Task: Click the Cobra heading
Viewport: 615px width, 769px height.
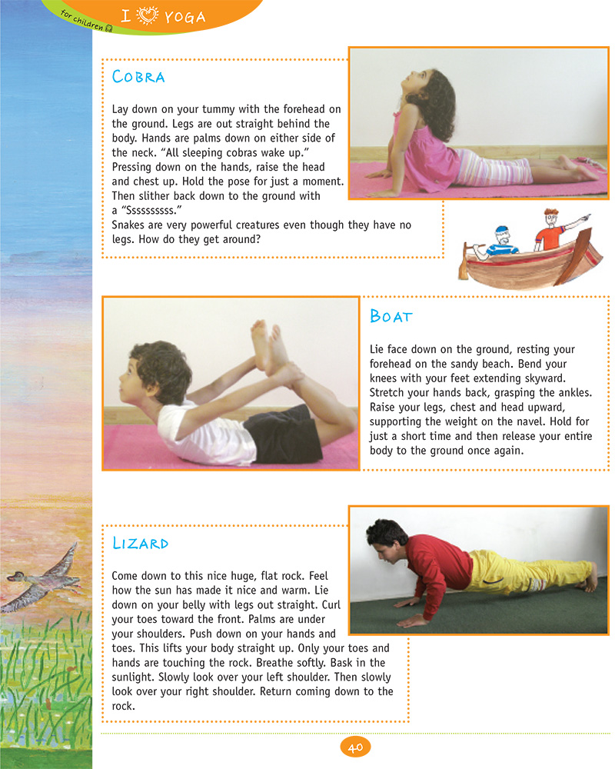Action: click(x=138, y=77)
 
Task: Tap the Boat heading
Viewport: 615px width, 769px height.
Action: click(x=391, y=316)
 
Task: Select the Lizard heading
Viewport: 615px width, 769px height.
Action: click(x=140, y=543)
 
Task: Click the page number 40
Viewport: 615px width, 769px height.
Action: click(x=354, y=747)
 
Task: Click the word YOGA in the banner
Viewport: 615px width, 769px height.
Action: click(x=184, y=17)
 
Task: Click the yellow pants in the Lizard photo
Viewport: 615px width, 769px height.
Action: click(x=523, y=573)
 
